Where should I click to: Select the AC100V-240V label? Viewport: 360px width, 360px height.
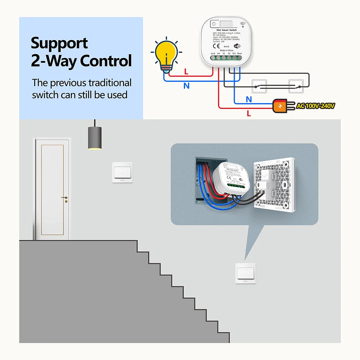(x=316, y=106)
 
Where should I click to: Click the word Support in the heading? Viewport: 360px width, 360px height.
(x=59, y=44)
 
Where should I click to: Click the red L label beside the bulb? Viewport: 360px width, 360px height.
(x=186, y=72)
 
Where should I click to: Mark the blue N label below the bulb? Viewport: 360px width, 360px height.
(x=186, y=86)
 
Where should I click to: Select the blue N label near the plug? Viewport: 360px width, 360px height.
(x=249, y=99)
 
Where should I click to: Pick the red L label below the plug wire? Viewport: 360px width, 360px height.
(x=249, y=113)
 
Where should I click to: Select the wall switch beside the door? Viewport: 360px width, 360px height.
(x=122, y=172)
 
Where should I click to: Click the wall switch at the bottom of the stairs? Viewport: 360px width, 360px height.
(x=246, y=273)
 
